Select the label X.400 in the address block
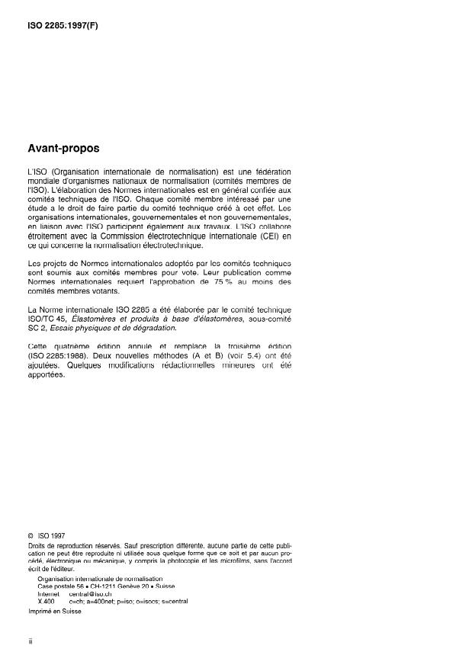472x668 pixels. pos(46,601)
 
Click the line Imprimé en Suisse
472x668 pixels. pos(54,611)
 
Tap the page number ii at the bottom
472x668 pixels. pos(29,642)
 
